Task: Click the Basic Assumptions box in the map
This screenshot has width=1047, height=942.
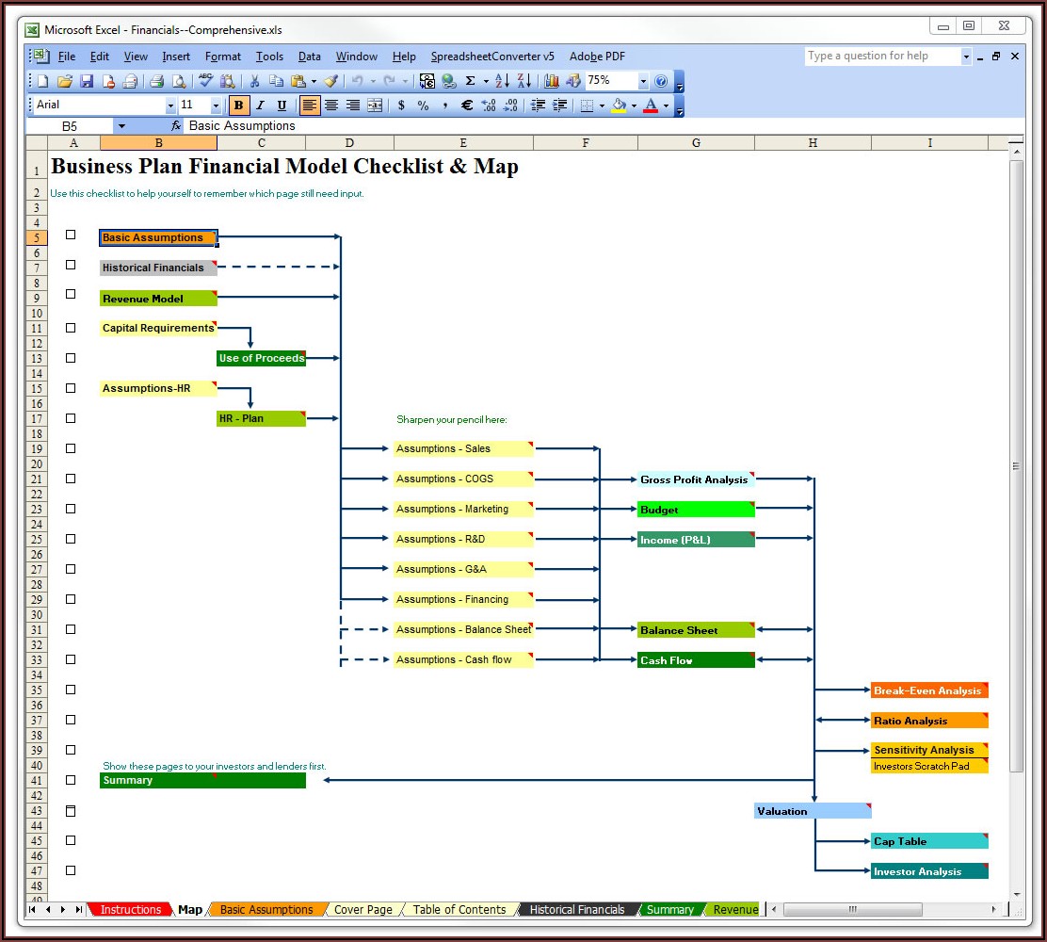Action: pos(158,237)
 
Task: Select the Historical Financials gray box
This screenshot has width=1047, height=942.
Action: pos(158,268)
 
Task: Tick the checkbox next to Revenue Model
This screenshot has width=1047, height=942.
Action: pos(71,294)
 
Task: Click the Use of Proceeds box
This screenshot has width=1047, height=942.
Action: pos(261,358)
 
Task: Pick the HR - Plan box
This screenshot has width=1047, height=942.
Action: pos(261,418)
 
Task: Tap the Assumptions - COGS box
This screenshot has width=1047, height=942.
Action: pos(463,479)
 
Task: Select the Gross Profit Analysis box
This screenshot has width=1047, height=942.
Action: pos(696,479)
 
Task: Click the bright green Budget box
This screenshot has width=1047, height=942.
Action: pos(696,509)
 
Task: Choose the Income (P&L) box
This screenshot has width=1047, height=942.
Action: pos(696,539)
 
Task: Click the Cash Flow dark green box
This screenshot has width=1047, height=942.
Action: pos(696,660)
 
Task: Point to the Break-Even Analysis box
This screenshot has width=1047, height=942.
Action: pos(929,690)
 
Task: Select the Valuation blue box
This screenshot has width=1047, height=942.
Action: pos(813,811)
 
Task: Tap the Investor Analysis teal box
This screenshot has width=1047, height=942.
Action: pos(929,871)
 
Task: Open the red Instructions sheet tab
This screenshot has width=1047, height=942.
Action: pos(130,909)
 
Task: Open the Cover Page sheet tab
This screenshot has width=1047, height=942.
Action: pos(363,909)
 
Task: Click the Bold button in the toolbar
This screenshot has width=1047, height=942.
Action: pos(238,105)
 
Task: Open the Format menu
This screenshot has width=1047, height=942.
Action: pos(223,57)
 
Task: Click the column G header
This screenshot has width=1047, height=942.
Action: pos(696,143)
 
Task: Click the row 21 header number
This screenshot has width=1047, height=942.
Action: pos(37,479)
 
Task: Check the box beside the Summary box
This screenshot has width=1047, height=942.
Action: pos(71,780)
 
